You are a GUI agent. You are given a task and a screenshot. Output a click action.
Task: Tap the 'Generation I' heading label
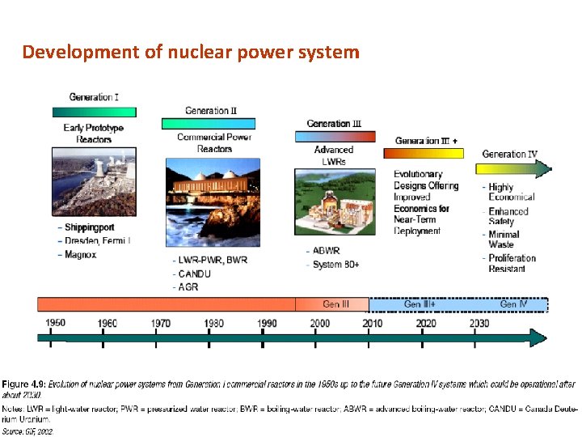[x=94, y=97]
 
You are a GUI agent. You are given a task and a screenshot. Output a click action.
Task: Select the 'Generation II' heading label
[x=211, y=111]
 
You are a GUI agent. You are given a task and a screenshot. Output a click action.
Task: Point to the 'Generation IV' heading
[x=509, y=154]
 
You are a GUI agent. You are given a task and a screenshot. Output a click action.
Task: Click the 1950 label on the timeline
[x=55, y=323]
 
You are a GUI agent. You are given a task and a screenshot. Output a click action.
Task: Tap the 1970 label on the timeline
[x=161, y=324]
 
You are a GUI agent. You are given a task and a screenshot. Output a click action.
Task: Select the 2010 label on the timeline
[x=372, y=324]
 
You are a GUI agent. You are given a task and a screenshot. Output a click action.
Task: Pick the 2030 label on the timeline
[x=479, y=324]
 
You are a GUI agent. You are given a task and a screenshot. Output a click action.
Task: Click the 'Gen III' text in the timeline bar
[x=336, y=304]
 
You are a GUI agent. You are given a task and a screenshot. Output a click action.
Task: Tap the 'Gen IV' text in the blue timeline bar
[x=513, y=304]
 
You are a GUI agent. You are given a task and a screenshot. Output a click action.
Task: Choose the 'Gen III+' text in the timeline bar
[x=420, y=304]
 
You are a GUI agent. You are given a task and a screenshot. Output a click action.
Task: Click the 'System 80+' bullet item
[x=339, y=264]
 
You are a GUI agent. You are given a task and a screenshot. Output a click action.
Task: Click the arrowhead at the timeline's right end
[x=538, y=338]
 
